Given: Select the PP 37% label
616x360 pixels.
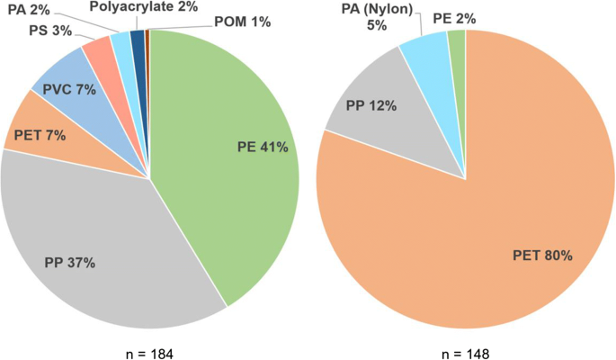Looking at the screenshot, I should click(x=69, y=263).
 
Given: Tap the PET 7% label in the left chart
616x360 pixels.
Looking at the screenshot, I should click(x=39, y=138).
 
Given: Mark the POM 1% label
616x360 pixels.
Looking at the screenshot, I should click(x=241, y=22).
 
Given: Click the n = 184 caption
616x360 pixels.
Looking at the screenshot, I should click(x=149, y=353).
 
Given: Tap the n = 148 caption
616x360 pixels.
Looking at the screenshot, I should click(x=465, y=353).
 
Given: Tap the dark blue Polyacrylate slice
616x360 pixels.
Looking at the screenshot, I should click(x=138, y=40).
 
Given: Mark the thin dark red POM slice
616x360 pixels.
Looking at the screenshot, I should click(x=147, y=40).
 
